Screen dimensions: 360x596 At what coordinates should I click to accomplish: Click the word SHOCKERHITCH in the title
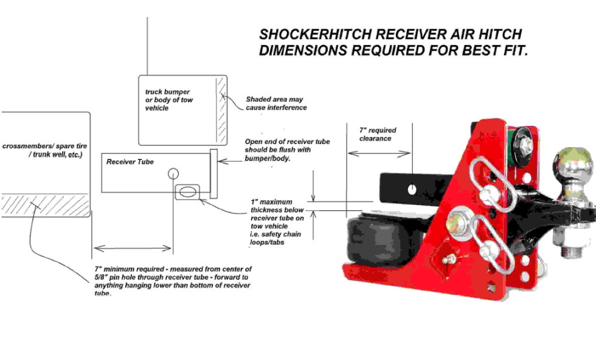(x=310, y=34)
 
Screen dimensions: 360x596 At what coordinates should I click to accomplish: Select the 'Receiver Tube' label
(x=130, y=162)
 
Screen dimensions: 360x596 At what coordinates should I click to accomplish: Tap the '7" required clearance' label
(x=378, y=134)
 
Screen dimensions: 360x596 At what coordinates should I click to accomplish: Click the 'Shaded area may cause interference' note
(x=275, y=103)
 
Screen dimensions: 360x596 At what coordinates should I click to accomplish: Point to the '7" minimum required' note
(x=173, y=280)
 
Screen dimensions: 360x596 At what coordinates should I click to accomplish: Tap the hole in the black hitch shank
(x=412, y=188)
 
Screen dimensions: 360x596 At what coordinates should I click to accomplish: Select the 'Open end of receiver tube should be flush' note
(x=287, y=150)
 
